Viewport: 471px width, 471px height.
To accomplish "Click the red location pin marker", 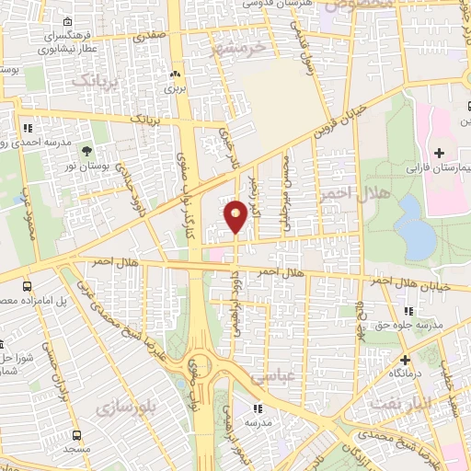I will point(235,215).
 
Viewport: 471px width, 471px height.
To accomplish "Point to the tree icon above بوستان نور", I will point(87,152).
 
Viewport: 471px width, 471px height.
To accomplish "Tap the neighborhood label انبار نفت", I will point(395,403).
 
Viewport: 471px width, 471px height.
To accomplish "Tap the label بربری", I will point(175,89).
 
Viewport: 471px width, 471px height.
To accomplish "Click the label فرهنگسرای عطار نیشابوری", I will point(69,42).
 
